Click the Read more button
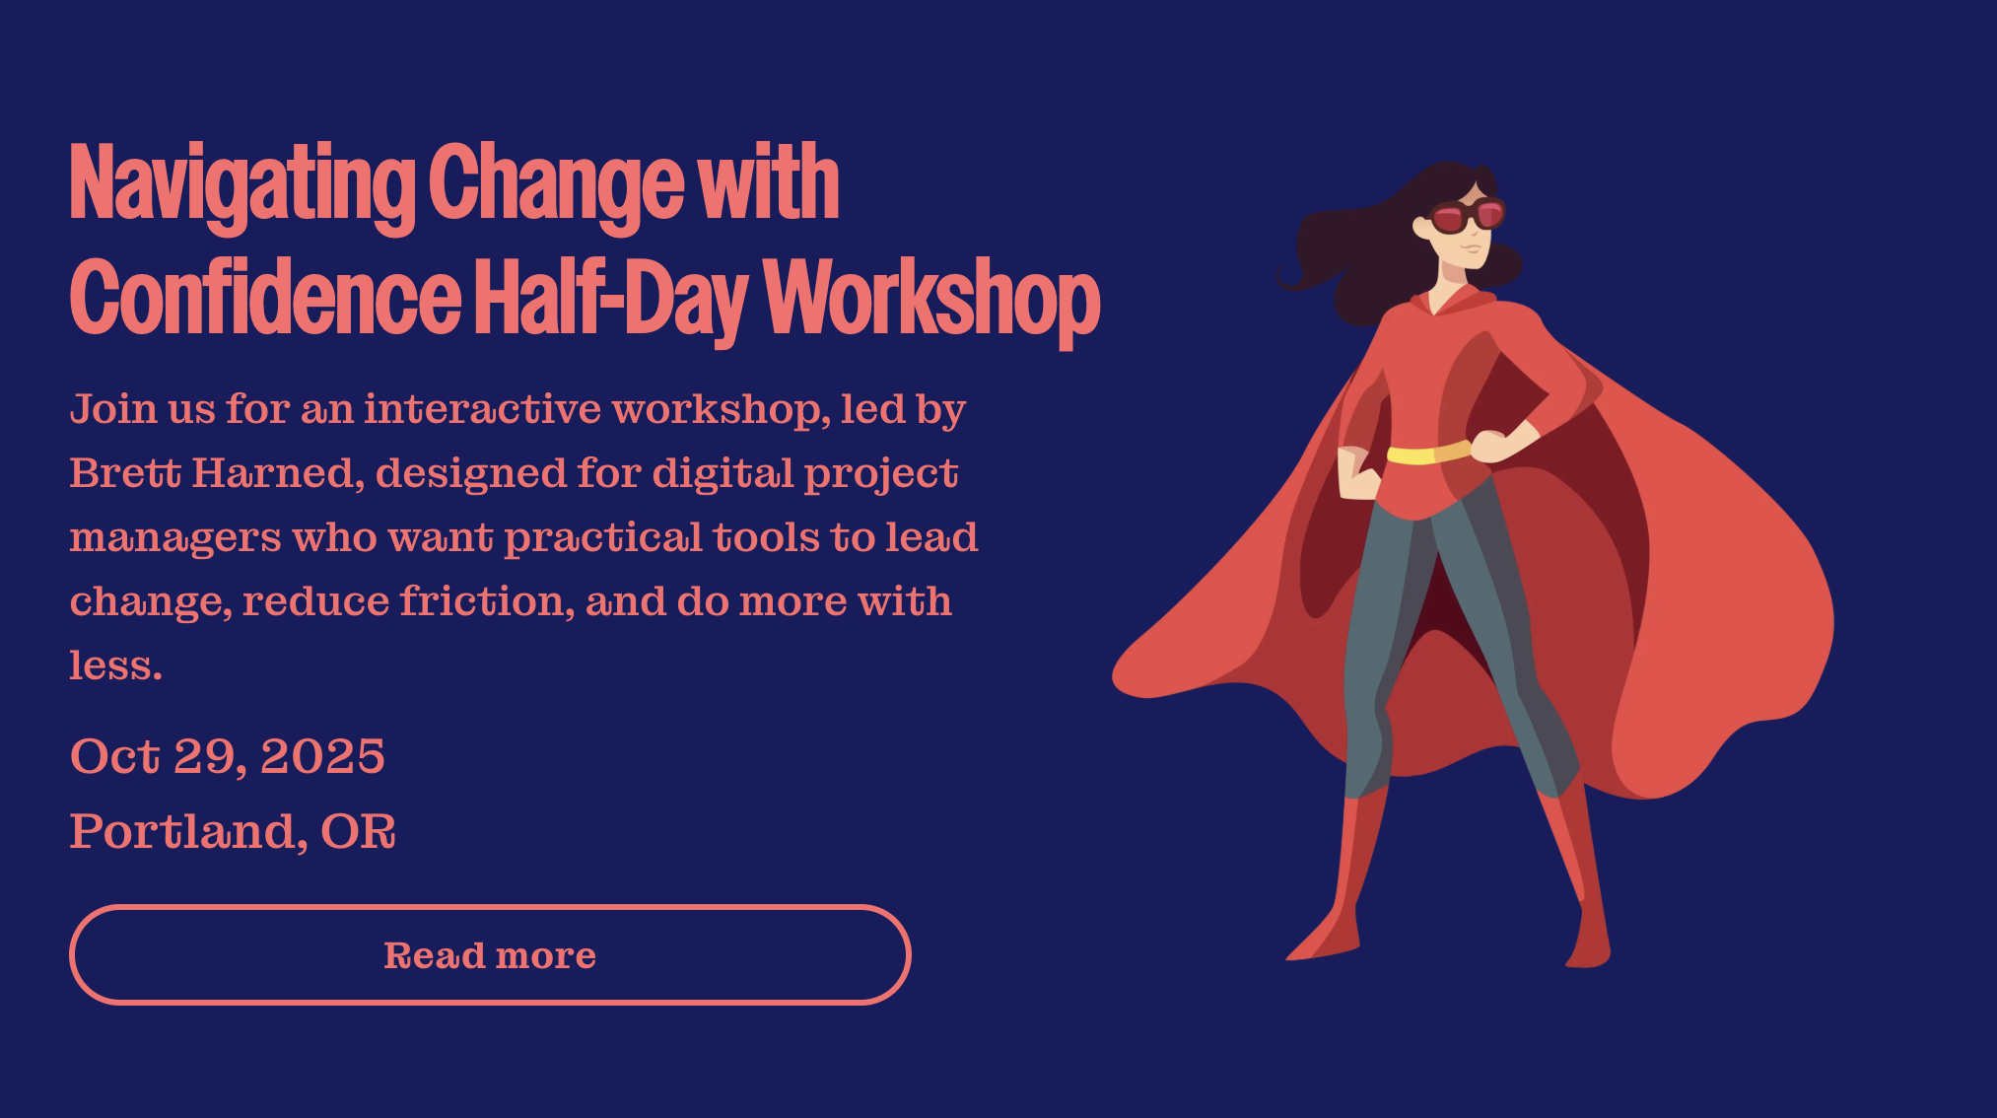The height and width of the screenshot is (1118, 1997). point(490,954)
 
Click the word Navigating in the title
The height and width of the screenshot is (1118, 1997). point(242,184)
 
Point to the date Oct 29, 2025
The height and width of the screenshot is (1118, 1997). point(227,756)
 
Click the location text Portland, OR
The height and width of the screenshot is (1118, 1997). point(233,831)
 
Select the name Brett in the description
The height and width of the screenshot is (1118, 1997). point(125,473)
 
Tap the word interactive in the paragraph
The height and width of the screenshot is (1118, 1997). point(482,409)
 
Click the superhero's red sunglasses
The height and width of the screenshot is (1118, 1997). point(1468,215)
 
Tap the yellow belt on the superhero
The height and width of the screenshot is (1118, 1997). point(1429,454)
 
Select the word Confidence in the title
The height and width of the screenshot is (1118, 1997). point(265,299)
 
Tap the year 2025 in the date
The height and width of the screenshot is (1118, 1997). point(322,756)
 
